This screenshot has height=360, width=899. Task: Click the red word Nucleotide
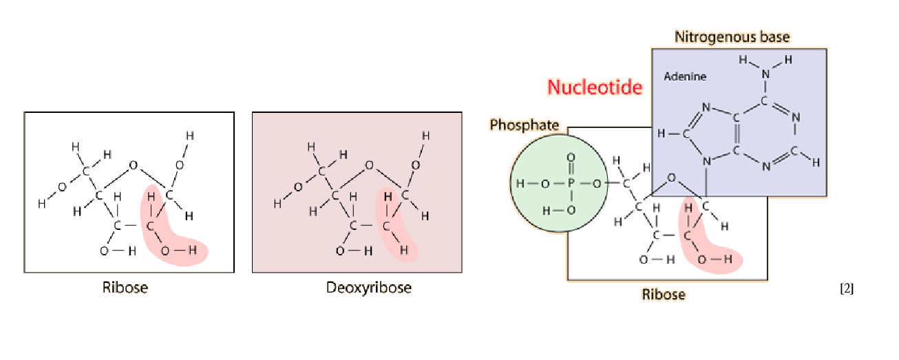(x=595, y=87)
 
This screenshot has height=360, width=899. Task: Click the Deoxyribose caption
(x=368, y=287)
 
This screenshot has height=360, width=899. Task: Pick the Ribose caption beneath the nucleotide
(x=664, y=294)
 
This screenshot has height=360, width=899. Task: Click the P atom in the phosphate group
(x=571, y=184)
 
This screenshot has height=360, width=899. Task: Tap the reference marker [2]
(x=847, y=288)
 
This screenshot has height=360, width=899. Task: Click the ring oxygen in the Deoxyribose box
(x=369, y=165)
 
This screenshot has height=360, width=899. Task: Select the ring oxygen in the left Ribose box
(x=133, y=165)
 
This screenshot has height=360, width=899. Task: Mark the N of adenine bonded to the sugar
(x=706, y=162)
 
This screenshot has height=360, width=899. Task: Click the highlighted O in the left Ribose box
(x=165, y=251)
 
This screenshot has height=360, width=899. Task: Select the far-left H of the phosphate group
(x=520, y=184)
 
